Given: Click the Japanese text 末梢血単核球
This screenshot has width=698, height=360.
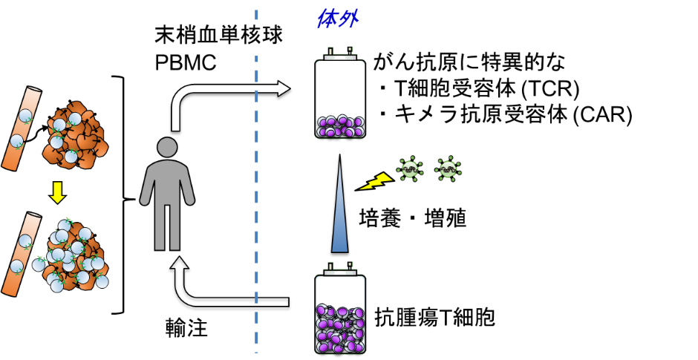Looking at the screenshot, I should (219, 35).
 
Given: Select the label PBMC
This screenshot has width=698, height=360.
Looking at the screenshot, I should (186, 64).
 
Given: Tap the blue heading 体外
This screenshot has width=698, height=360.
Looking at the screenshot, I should (338, 19).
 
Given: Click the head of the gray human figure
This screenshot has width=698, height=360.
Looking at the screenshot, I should (167, 147).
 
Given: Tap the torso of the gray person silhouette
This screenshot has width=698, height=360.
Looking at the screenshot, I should (167, 186).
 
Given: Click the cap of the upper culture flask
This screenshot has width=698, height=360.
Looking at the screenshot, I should (340, 56).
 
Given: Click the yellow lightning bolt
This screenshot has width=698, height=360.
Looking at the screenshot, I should (376, 181).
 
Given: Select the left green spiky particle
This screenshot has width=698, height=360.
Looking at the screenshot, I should (409, 169).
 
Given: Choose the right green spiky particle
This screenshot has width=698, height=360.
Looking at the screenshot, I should (448, 169).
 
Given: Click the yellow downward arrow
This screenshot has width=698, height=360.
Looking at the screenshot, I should (57, 192).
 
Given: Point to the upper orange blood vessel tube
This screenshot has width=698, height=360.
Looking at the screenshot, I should (21, 128).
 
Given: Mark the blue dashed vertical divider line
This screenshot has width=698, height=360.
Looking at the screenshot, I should (256, 223).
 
